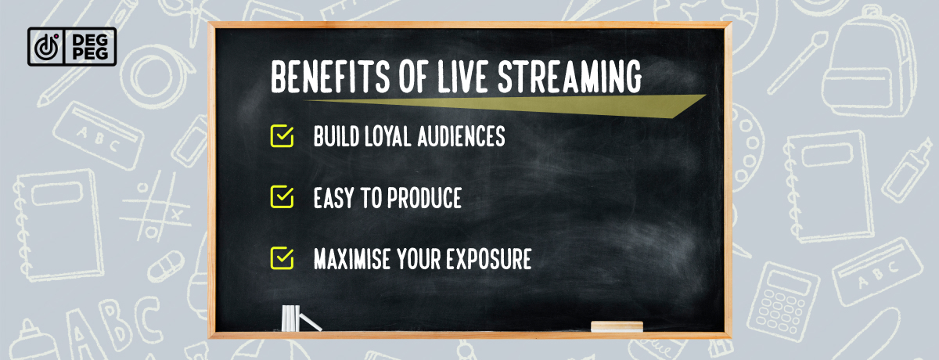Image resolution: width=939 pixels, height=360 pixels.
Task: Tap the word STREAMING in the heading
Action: [570, 77]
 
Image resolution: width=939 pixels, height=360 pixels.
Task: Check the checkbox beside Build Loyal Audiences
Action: [282, 136]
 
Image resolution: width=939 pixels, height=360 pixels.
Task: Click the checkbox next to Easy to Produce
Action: [282, 197]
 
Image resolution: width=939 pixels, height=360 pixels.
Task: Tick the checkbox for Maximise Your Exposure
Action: [282, 258]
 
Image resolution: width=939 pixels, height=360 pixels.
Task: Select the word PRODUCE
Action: [424, 198]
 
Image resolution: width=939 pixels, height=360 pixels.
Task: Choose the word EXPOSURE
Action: [489, 259]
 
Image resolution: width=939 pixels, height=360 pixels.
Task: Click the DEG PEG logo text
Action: [90, 46]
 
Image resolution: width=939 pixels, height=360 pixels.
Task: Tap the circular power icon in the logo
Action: [46, 47]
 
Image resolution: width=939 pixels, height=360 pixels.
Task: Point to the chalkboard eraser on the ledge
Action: [617, 326]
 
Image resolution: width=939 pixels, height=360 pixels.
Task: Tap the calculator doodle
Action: [782, 301]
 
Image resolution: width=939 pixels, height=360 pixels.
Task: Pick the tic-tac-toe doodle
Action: [155, 206]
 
